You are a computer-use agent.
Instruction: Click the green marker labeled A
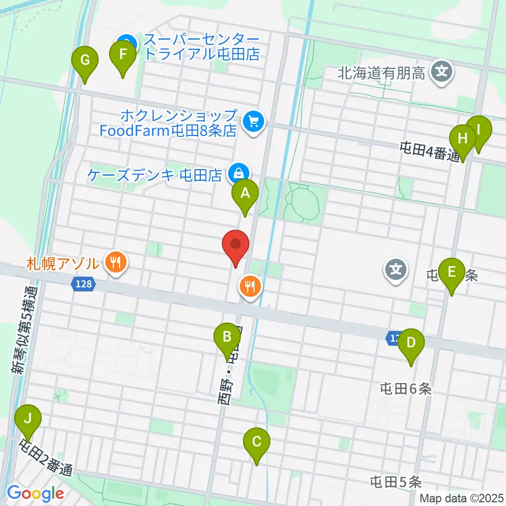(245, 193)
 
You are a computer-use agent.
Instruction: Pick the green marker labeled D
(411, 343)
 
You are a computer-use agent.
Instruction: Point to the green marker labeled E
(451, 272)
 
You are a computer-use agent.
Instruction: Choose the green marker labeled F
(123, 55)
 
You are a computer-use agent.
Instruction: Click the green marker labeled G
(84, 60)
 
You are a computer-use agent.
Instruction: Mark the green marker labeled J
(28, 419)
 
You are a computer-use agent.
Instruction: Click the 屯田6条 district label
(406, 389)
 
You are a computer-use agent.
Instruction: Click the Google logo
(35, 494)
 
